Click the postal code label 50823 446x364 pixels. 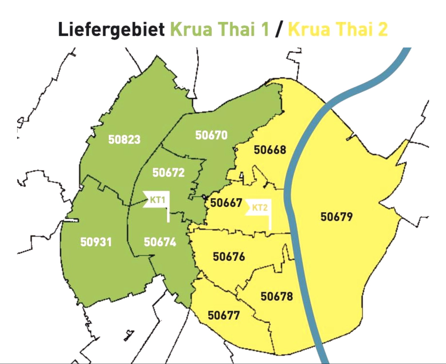click(124, 139)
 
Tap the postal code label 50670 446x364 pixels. click(211, 135)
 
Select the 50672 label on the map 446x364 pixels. click(168, 173)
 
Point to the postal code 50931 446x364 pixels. click(96, 242)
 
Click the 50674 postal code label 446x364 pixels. click(160, 242)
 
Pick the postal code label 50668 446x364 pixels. click(270, 150)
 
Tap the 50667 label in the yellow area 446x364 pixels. click(226, 203)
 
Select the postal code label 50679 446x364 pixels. click(337, 217)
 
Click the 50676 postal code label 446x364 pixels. click(229, 257)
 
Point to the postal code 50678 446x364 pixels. click(277, 296)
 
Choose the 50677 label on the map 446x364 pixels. click(224, 315)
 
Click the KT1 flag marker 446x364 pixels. click(157, 199)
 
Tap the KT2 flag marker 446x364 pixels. click(259, 207)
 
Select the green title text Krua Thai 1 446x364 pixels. click(220, 29)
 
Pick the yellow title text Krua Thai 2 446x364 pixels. click(338, 29)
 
